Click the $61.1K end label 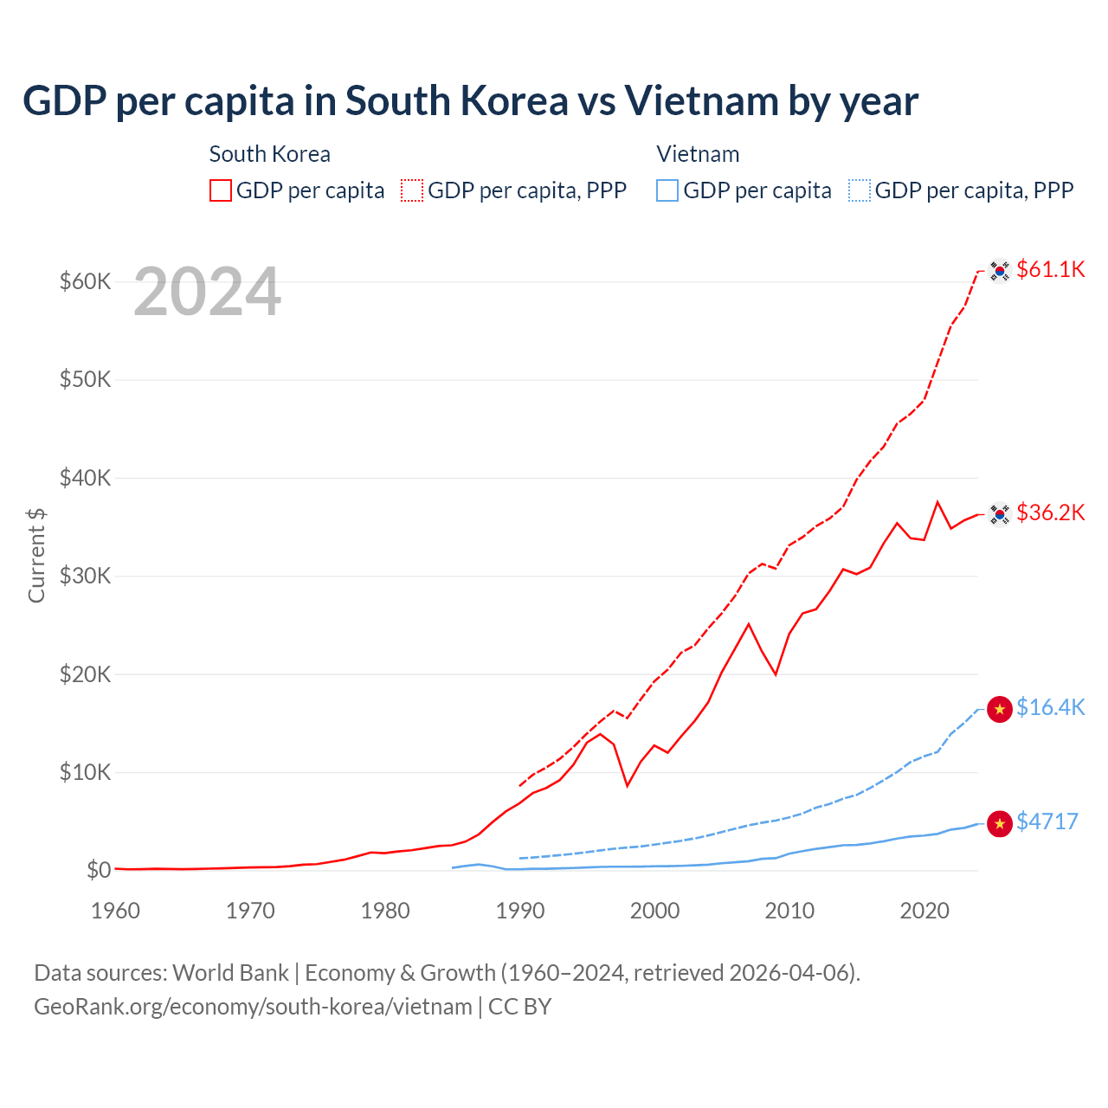click(x=1050, y=269)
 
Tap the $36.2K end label click(x=1050, y=512)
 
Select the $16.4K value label click(x=1050, y=707)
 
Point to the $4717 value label click(x=1047, y=821)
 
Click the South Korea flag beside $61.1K click(x=1000, y=271)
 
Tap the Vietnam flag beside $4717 click(x=1000, y=824)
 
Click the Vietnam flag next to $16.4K click(x=1000, y=710)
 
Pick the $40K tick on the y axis click(x=85, y=478)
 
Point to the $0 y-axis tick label click(x=99, y=870)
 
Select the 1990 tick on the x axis click(x=520, y=911)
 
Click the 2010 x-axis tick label click(x=789, y=911)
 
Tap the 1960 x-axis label click(x=116, y=911)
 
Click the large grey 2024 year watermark click(x=208, y=292)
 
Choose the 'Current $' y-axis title click(x=36, y=555)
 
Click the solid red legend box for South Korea click(x=221, y=190)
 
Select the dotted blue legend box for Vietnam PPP click(x=860, y=190)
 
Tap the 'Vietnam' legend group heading click(x=698, y=154)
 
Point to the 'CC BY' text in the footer click(x=520, y=1007)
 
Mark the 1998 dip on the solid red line click(x=628, y=785)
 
